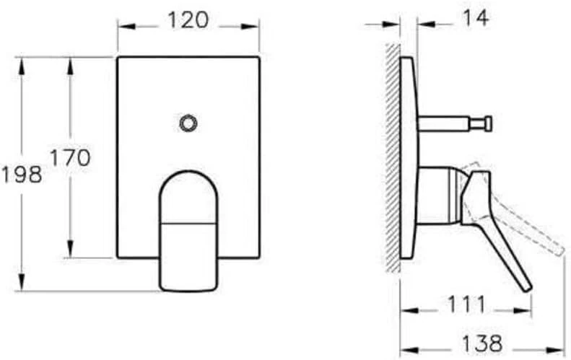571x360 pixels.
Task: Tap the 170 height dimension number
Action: (x=70, y=157)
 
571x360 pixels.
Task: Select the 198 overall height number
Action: (x=22, y=174)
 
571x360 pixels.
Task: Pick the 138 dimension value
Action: (x=483, y=342)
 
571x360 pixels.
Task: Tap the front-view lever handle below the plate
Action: (x=188, y=238)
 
